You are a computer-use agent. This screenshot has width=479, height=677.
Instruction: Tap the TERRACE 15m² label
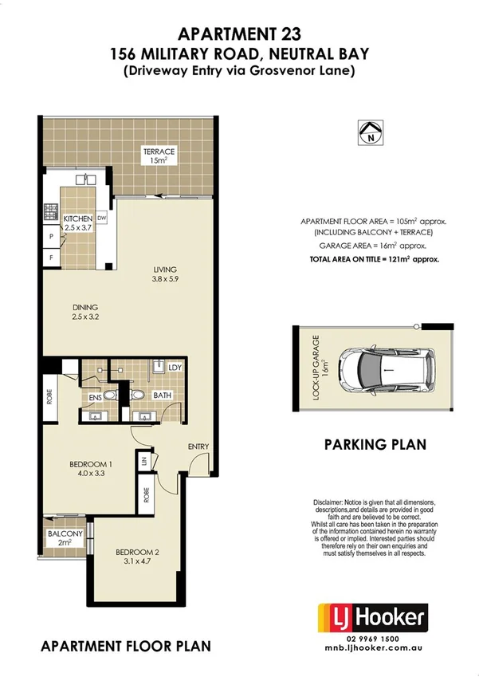(x=159, y=155)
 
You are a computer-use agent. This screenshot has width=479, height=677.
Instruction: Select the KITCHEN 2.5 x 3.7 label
(x=78, y=222)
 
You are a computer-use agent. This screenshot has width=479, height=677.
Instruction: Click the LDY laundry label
(x=175, y=368)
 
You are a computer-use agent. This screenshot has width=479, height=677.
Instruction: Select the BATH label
(x=163, y=394)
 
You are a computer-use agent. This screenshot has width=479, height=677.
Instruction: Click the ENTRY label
(x=198, y=446)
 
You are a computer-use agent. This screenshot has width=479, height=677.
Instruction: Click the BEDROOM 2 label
(x=138, y=556)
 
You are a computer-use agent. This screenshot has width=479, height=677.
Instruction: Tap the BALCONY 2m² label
(x=65, y=537)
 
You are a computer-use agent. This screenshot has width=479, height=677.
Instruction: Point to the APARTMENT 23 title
(x=239, y=33)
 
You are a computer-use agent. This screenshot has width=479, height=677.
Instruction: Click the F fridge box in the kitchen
(x=50, y=258)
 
